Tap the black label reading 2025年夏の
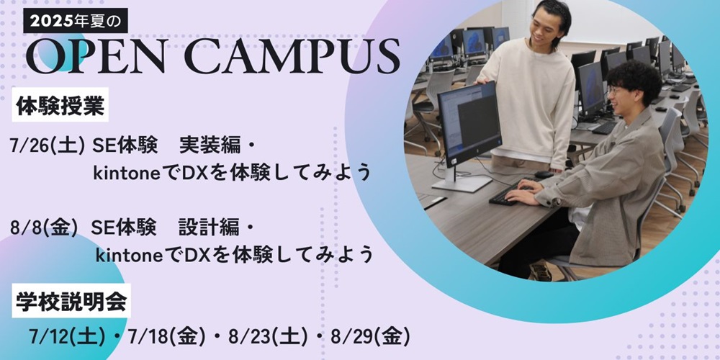[x=76, y=21]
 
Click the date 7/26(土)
[x=48, y=146]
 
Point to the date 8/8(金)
[x=45, y=228]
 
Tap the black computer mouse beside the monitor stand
[x=544, y=174]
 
